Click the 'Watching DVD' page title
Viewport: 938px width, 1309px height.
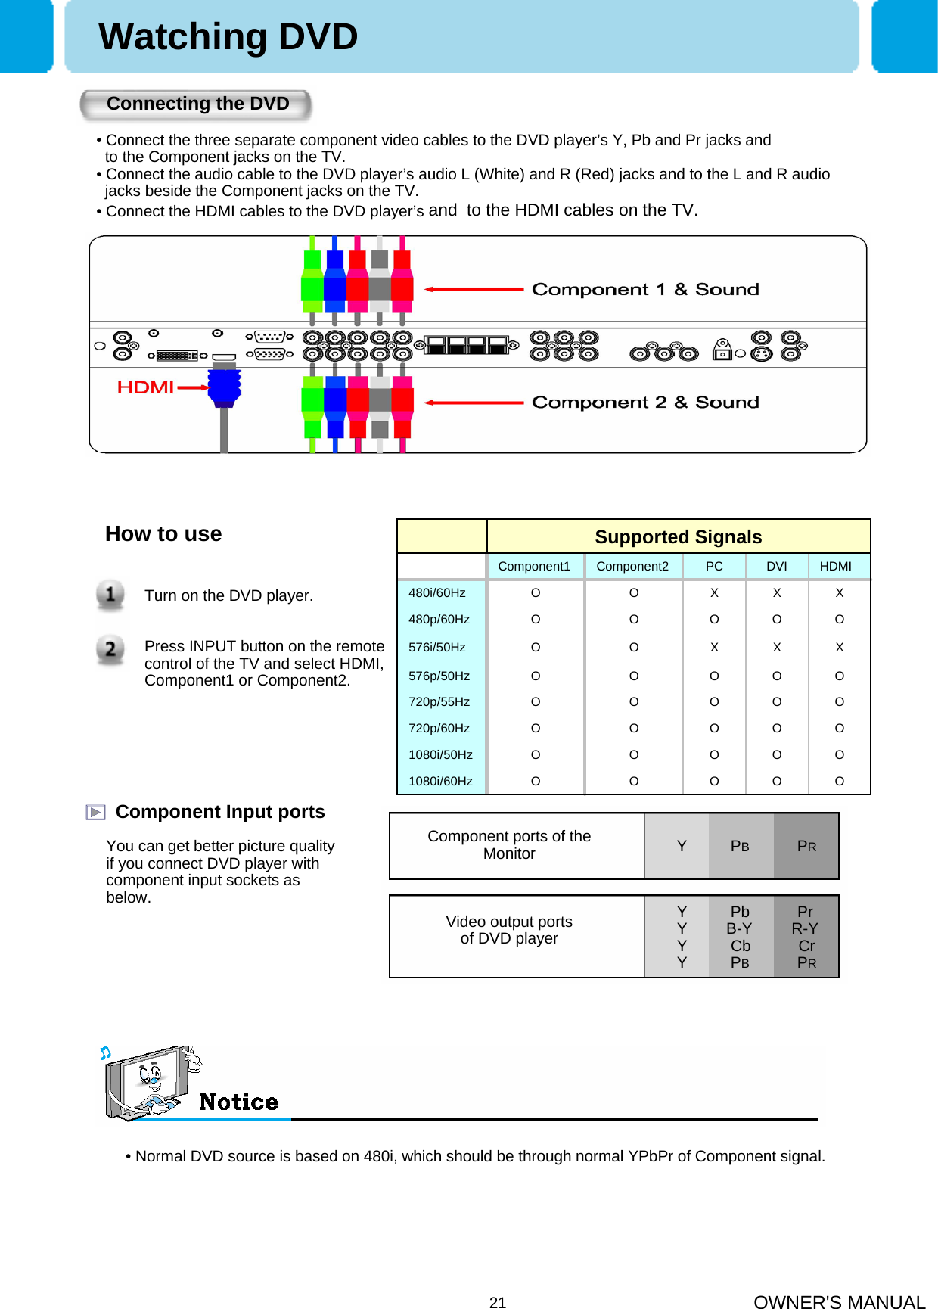pos(228,37)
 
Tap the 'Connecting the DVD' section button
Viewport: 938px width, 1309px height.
pos(197,104)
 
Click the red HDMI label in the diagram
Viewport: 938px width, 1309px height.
pos(146,387)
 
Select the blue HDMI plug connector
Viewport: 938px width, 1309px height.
pos(224,386)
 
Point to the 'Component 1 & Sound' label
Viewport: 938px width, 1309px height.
pos(644,289)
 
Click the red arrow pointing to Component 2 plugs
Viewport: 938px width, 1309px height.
pos(474,403)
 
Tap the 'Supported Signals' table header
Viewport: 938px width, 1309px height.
pos(678,537)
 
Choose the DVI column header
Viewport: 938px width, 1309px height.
pos(776,567)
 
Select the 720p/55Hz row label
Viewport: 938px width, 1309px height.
pos(439,702)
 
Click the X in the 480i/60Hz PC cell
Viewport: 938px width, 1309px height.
pos(714,593)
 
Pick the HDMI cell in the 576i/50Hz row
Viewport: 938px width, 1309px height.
pos(839,648)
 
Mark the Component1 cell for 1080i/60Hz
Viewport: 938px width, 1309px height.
pos(536,782)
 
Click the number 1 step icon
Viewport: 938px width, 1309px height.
pos(110,595)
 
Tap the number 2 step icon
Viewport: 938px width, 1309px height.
pos(110,649)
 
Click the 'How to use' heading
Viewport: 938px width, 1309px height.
pos(163,534)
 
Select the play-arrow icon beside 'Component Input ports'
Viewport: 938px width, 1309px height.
pos(95,813)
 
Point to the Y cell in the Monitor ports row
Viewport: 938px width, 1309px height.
pos(682,846)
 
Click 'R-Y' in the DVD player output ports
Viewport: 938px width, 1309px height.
pos(805,929)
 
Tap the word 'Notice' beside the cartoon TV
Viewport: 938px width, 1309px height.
pos(238,1102)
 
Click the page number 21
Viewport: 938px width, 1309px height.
pos(498,1302)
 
